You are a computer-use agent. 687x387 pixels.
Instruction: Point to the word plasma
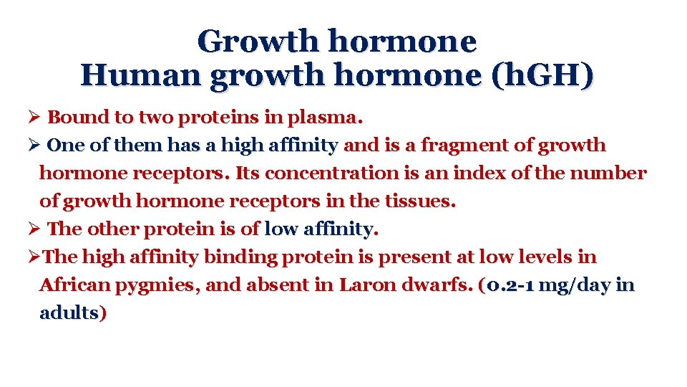click(x=328, y=117)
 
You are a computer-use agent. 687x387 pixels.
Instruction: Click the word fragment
click(x=467, y=145)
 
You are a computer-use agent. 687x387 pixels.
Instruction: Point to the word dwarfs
click(x=437, y=285)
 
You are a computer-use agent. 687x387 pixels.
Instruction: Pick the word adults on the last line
click(x=69, y=313)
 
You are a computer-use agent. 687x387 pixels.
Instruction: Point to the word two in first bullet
click(x=152, y=117)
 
